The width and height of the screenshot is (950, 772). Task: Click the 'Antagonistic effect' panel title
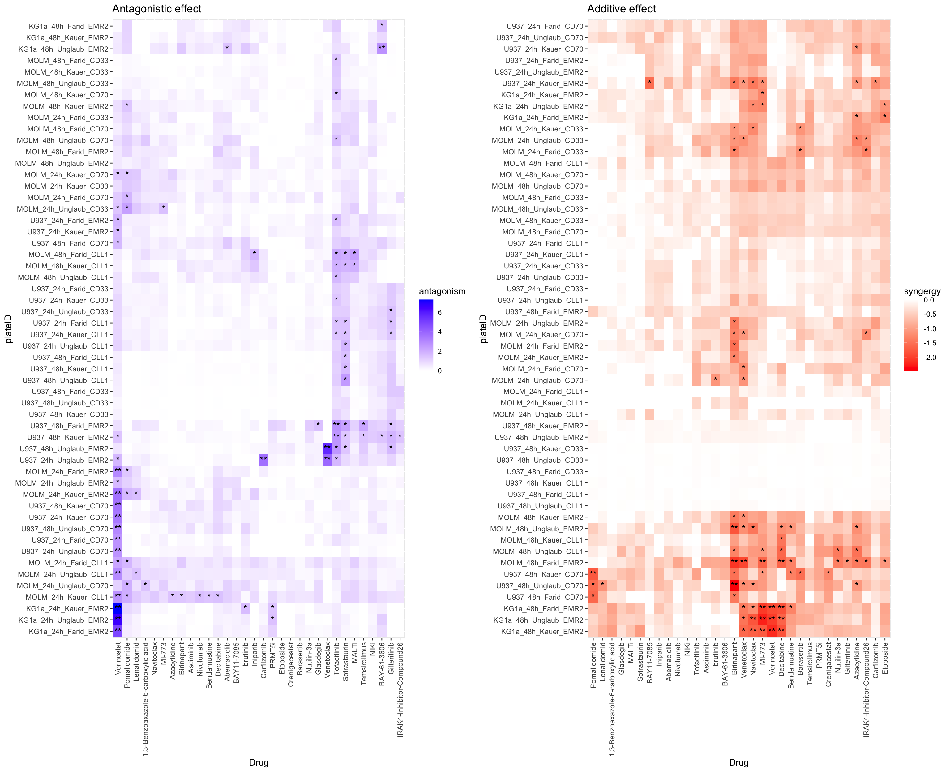tap(156, 9)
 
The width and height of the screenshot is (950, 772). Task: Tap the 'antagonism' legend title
tap(442, 291)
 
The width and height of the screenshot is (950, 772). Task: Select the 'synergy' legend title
tap(922, 291)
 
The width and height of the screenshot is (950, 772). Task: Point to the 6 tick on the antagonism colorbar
tap(440, 312)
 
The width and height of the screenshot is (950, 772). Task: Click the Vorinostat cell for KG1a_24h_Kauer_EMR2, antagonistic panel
tap(118, 608)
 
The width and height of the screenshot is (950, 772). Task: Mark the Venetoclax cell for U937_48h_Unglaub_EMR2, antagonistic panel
tap(327, 448)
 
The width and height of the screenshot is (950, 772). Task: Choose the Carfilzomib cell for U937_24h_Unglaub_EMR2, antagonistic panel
tap(263, 460)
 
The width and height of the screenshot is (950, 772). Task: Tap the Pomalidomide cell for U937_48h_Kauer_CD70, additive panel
tap(593, 574)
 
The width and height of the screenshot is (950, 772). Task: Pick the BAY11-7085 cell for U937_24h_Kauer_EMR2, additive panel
tap(649, 83)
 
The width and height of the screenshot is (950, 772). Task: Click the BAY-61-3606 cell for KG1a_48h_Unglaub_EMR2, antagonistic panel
tap(381, 49)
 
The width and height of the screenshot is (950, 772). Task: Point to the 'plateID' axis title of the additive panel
tap(484, 329)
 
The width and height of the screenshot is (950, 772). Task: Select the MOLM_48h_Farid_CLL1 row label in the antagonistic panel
tap(68, 254)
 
